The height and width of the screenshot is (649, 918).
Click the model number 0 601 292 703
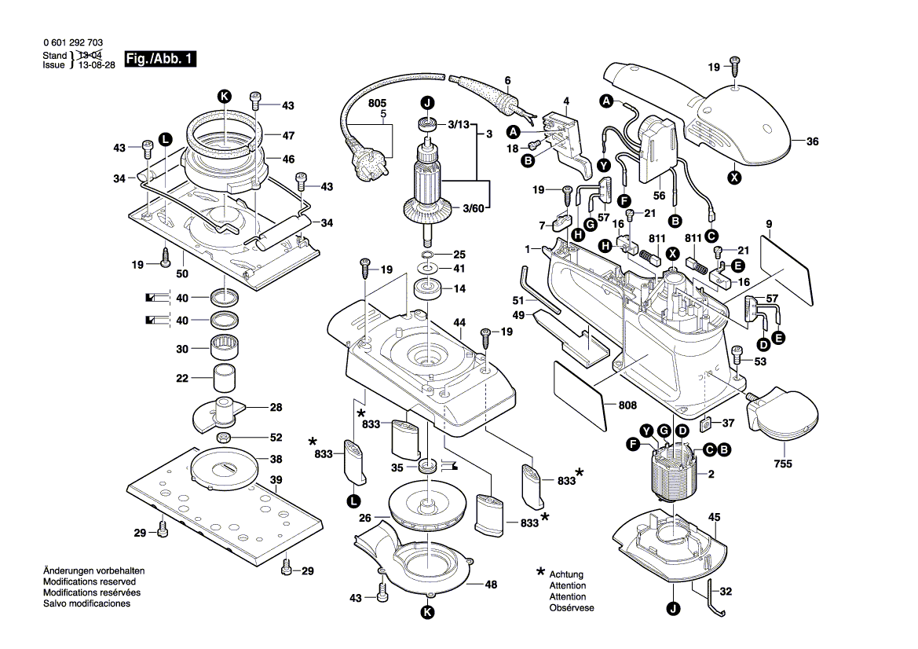pos(73,44)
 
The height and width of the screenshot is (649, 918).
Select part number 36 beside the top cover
pos(812,141)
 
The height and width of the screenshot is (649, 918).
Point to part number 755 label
pos(782,464)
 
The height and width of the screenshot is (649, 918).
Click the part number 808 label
pos(627,406)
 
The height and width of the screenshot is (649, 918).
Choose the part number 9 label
pos(769,224)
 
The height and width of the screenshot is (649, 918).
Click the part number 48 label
pos(492,584)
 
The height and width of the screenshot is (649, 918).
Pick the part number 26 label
pos(365,518)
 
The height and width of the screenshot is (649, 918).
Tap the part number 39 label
pos(276,480)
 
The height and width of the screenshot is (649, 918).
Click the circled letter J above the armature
pos(427,103)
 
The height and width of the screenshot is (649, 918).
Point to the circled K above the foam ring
pos(224,96)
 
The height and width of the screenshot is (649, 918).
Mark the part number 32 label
pos(726,592)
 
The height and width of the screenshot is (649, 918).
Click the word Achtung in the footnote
pos(566,575)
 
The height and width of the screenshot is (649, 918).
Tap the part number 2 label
pos(711,475)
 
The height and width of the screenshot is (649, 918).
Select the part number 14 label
pos(460,289)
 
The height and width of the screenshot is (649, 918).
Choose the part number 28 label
pos(276,407)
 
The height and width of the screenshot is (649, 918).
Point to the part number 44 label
pos(459,323)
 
